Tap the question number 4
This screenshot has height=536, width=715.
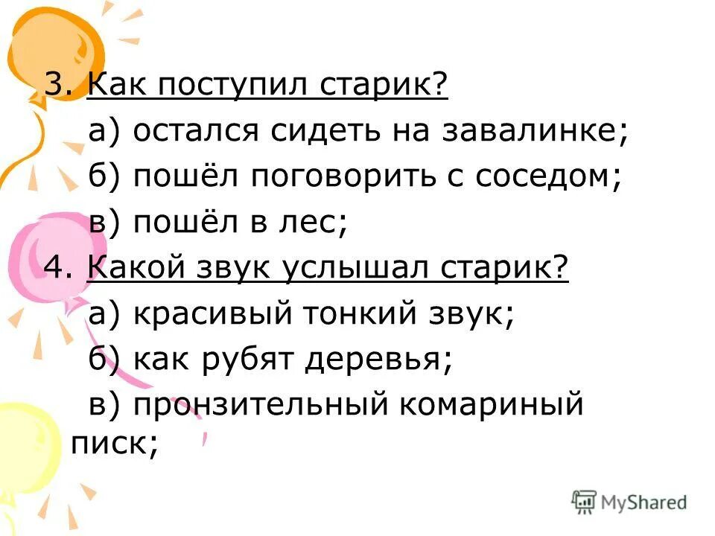click(x=55, y=267)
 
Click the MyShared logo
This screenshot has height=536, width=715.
click(x=630, y=502)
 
